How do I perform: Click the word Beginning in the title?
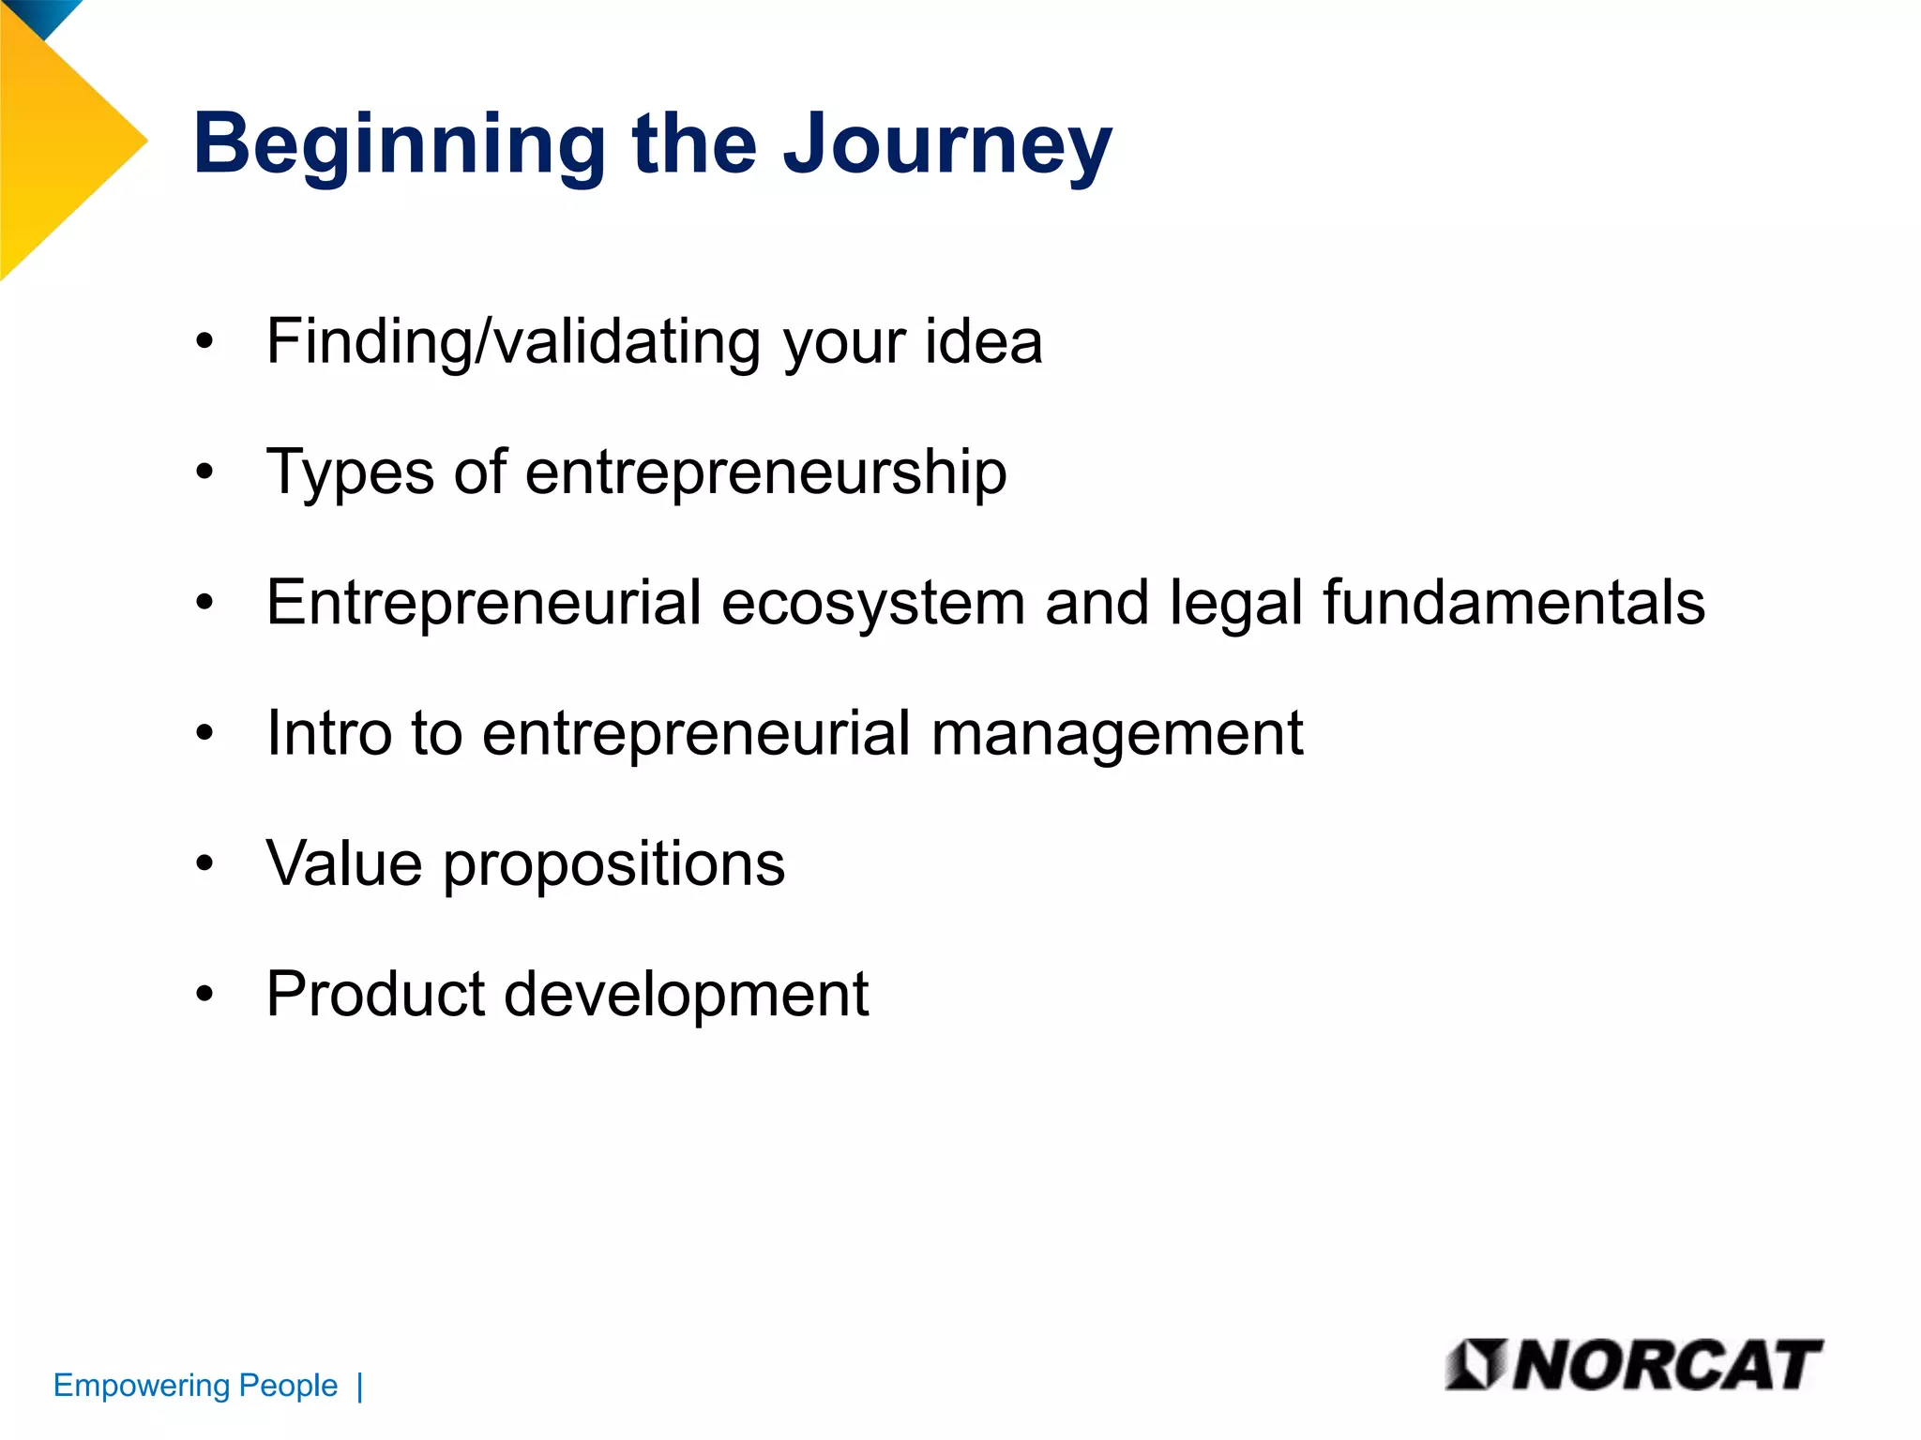[x=400, y=146]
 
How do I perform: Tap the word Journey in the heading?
[x=947, y=146]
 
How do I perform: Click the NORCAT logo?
[x=1633, y=1365]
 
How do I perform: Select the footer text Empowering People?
[x=195, y=1386]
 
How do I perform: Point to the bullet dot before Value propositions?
[x=205, y=862]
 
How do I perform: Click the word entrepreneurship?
[x=765, y=473]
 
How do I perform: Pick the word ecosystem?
[x=872, y=604]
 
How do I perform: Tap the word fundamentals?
[x=1513, y=602]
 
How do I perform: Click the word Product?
[x=375, y=994]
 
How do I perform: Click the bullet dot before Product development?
[x=205, y=994]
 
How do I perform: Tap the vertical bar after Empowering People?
[x=360, y=1387]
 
